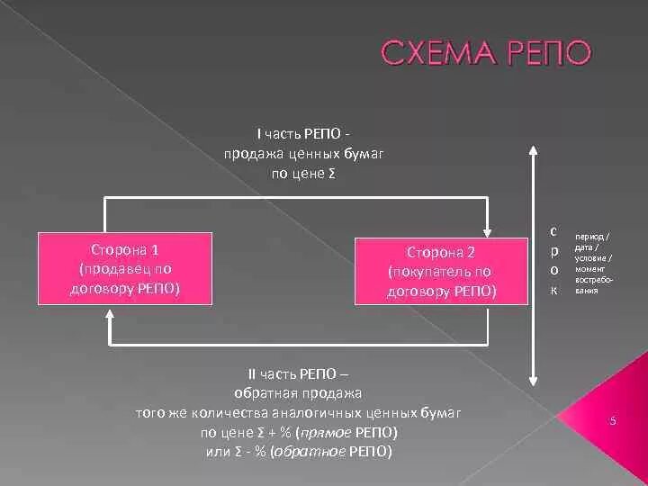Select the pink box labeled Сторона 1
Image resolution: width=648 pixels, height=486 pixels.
[125, 267]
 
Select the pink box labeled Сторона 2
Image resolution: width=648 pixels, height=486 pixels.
[441, 270]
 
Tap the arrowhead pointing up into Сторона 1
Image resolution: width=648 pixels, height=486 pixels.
[110, 314]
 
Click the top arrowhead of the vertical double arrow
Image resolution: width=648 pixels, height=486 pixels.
[534, 151]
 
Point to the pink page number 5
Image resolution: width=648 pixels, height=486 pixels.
[612, 421]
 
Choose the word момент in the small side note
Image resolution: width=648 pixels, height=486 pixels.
[590, 269]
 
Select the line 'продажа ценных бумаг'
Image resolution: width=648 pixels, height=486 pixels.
[303, 154]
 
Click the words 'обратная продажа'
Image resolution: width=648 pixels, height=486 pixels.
[298, 393]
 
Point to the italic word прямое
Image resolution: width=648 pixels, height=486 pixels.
[337, 432]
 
